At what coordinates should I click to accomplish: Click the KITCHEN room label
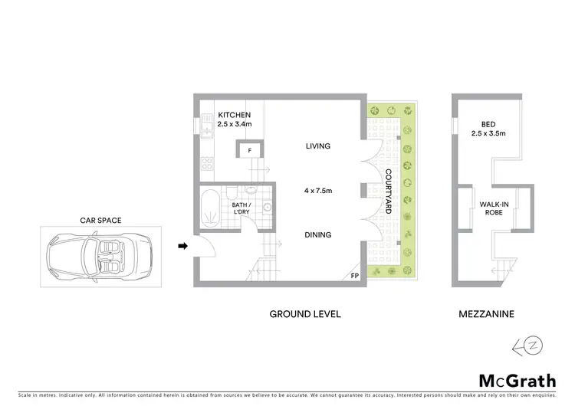tap(235, 114)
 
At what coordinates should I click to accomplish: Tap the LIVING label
tap(317, 146)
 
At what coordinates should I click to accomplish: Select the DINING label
tap(317, 235)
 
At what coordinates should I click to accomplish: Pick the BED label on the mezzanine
tap(488, 124)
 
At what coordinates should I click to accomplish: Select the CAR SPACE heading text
tap(100, 221)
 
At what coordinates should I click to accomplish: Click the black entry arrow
tap(182, 246)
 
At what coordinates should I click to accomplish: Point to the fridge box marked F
tap(250, 151)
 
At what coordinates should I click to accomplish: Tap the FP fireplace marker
tap(354, 276)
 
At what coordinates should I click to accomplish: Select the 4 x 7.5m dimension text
tap(317, 192)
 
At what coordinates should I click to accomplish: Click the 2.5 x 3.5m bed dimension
tap(488, 134)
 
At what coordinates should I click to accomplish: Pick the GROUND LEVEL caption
tap(304, 314)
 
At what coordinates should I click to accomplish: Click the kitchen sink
tap(207, 123)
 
